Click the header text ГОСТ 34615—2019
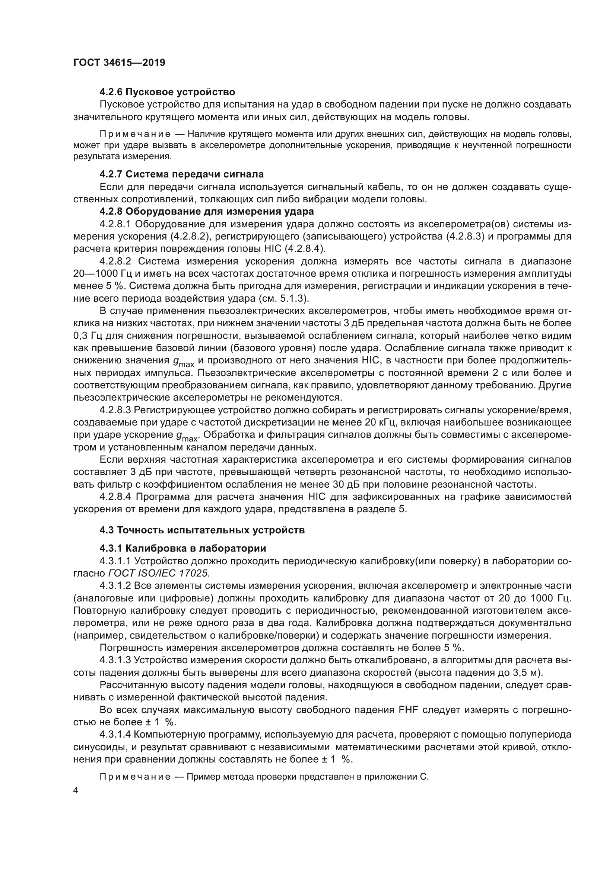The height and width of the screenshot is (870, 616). tap(119, 62)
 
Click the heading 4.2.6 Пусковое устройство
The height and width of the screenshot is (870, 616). tap(167, 92)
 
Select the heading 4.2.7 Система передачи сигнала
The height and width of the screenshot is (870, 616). tap(181, 174)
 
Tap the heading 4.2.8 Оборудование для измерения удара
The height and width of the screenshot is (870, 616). tap(207, 211)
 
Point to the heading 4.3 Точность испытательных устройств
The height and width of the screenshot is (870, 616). tap(202, 530)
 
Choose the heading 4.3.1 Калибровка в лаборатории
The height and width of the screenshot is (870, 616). tap(183, 548)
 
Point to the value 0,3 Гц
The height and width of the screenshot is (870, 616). tap(88, 336)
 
